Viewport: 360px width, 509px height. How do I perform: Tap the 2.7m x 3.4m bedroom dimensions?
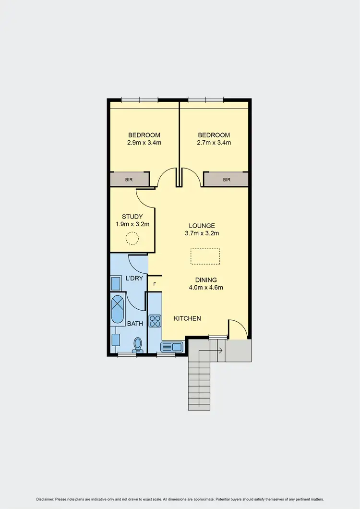tap(214, 143)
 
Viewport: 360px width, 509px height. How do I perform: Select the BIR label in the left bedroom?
tap(129, 180)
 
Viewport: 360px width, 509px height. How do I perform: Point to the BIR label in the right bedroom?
tap(227, 180)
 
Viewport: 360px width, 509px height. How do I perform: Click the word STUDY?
tap(132, 217)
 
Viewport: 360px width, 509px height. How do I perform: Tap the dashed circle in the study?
tap(132, 238)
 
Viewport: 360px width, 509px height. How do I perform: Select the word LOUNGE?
tap(202, 226)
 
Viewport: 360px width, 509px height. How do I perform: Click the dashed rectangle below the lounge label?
tap(205, 256)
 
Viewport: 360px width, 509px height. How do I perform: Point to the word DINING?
tap(206, 280)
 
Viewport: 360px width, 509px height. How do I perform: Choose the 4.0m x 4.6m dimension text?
tap(206, 288)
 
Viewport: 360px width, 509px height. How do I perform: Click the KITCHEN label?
tap(187, 318)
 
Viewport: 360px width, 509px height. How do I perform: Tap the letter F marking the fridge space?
tap(155, 284)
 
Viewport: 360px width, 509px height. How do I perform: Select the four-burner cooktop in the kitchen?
tap(156, 320)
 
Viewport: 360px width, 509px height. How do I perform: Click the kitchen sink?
tap(171, 347)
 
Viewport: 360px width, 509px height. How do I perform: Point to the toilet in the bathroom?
tap(138, 345)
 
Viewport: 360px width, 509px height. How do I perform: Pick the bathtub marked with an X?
tap(117, 310)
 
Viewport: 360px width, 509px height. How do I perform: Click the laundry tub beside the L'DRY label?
tap(116, 283)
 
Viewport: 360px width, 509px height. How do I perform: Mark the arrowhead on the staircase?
tap(221, 351)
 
